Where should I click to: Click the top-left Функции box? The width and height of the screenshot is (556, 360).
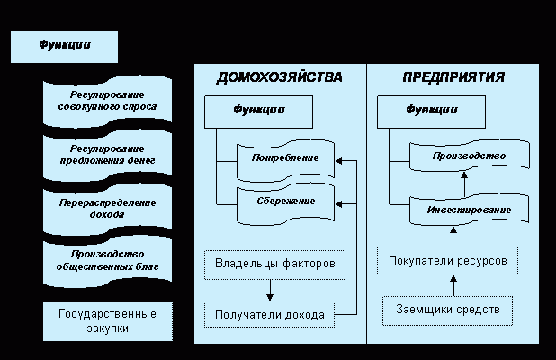click(x=64, y=47)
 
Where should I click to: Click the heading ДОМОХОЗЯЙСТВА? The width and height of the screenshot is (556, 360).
click(x=279, y=77)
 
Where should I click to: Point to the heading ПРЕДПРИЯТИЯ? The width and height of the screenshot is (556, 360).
click(x=453, y=77)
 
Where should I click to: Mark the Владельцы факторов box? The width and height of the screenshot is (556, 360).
click(x=274, y=265)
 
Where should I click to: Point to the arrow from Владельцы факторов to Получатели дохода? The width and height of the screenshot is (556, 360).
click(x=270, y=289)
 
